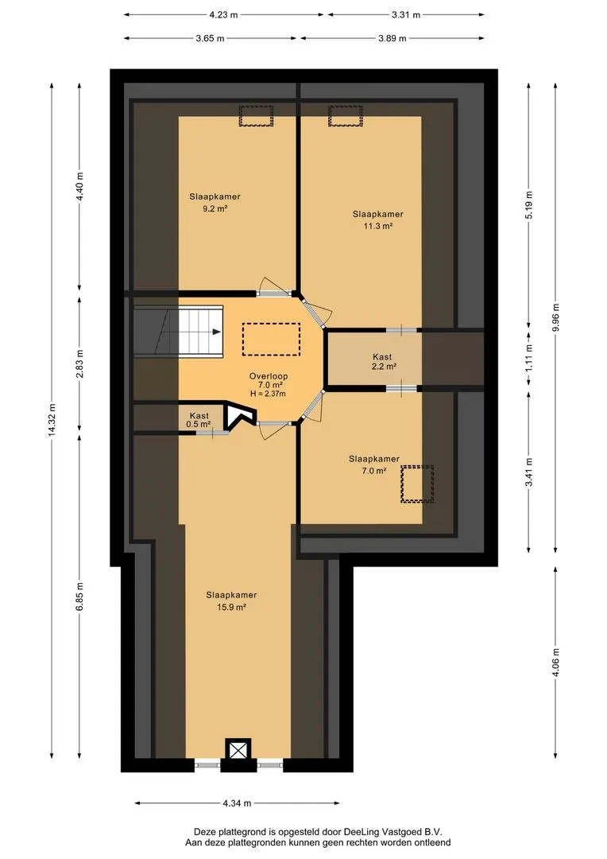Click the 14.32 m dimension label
coord(52,420)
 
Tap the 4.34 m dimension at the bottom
coord(237,803)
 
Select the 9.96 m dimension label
coord(555,317)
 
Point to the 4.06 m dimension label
coord(555,663)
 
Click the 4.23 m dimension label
coord(224,15)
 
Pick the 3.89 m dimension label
coord(392,38)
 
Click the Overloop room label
coord(269,376)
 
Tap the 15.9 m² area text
coord(231,607)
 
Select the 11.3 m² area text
coord(378,226)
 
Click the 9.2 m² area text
coord(215,208)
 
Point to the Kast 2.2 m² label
coord(383,362)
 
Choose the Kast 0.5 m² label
coord(199,420)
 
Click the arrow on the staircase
coord(217,332)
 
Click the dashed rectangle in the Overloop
coord(271,340)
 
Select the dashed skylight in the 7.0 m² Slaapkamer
coord(417,484)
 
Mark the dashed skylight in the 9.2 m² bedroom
coord(256,115)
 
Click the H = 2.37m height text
coord(269,394)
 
